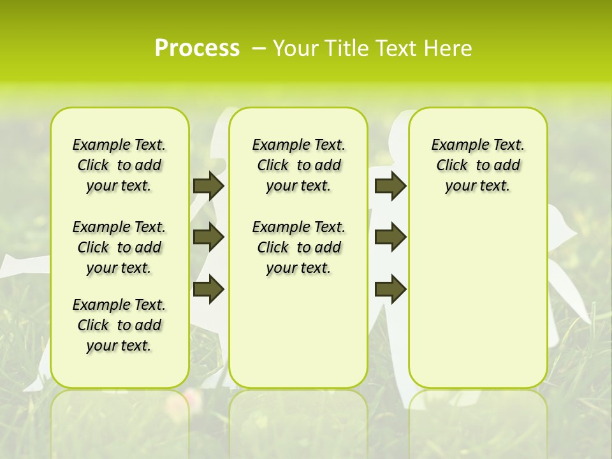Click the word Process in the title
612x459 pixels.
coord(197,48)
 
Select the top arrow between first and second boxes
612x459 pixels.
coord(208,186)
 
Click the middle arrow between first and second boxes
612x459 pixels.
coord(208,237)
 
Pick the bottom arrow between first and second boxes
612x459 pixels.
coord(208,289)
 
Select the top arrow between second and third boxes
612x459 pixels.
coord(390,186)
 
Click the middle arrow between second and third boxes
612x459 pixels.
coord(390,237)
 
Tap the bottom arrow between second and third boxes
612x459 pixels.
coord(390,289)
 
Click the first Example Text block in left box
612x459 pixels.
coord(119,165)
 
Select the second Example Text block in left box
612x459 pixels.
coord(119,247)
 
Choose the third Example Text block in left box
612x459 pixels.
coord(119,325)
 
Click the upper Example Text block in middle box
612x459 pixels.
coord(298,165)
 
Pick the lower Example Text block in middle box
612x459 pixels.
coord(298,247)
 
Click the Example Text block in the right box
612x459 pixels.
coord(477,165)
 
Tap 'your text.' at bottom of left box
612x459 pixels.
coord(119,346)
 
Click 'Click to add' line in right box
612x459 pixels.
coord(477,165)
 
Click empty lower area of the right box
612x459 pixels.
coord(477,306)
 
